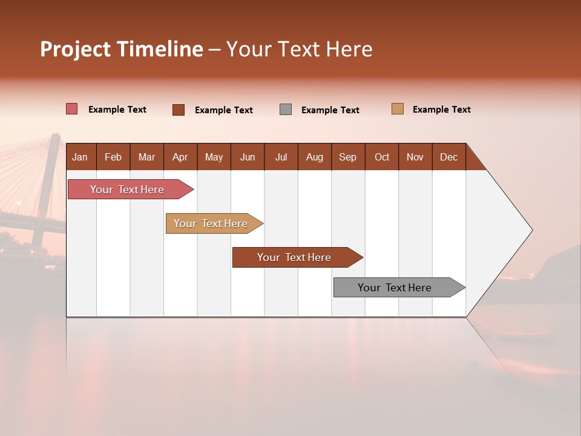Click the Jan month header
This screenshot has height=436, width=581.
[80, 157]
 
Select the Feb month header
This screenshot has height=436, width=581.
[113, 157]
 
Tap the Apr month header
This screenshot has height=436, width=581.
[180, 157]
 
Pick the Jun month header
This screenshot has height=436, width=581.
[248, 157]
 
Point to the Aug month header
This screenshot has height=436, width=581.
[314, 157]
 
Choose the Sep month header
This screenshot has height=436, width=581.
[347, 157]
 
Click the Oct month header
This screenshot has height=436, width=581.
[382, 157]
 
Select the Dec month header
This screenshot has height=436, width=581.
[448, 157]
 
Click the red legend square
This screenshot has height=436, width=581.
[71, 109]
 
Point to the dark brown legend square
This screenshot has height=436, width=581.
[179, 110]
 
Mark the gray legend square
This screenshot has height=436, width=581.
[286, 110]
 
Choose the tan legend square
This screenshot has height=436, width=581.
[397, 109]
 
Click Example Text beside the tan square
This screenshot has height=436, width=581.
[441, 110]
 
